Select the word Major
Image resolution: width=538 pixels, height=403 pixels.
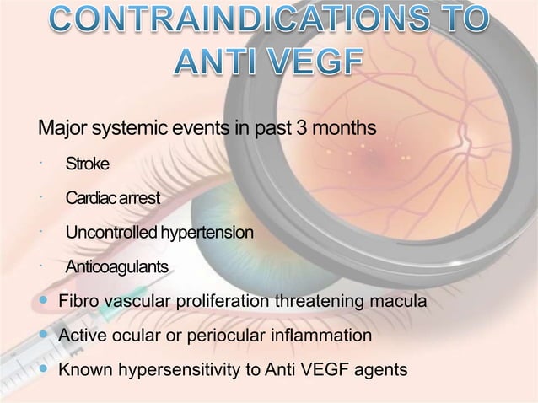(64, 129)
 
